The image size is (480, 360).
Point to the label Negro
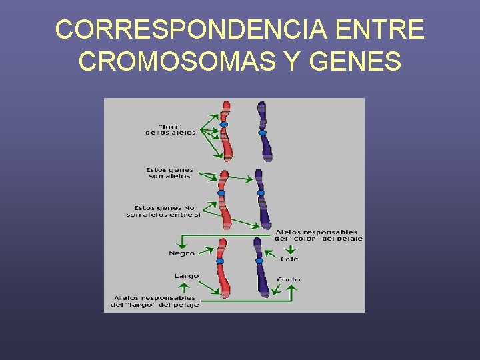coord(182,253)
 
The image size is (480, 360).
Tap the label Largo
coord(187,276)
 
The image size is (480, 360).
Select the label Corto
coord(289,279)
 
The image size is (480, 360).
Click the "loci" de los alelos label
coord(171,129)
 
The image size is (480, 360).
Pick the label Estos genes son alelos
coord(169,173)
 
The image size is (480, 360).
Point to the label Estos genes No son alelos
coord(163,211)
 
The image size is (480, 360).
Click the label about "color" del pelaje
coord(319,235)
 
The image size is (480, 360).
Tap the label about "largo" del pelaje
coord(155,301)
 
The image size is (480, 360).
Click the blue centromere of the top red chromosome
coord(224,125)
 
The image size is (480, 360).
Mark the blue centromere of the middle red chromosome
coord(222,193)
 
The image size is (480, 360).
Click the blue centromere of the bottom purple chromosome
coord(259,261)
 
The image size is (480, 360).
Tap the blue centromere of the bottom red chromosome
coord(220,261)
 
